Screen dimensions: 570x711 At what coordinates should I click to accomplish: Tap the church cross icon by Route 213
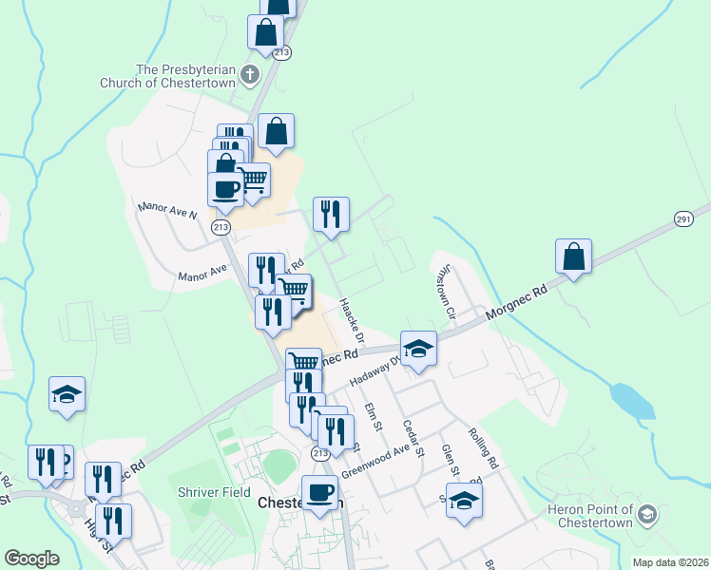pyautogui.click(x=250, y=74)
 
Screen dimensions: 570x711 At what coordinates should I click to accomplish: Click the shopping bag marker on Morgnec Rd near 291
pyautogui.click(x=574, y=257)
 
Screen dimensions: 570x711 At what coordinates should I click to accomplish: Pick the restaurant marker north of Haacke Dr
pyautogui.click(x=331, y=215)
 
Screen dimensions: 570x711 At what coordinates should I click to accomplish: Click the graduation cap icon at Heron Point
pyautogui.click(x=647, y=515)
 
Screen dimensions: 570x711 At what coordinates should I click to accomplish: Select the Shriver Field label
pyautogui.click(x=213, y=493)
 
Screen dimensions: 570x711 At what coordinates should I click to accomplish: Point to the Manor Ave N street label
pyautogui.click(x=167, y=209)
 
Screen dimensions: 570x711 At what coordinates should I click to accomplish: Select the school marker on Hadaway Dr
pyautogui.click(x=417, y=349)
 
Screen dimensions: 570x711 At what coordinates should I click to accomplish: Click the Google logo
pyautogui.click(x=31, y=559)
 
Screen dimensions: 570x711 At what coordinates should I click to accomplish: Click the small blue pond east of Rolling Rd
pyautogui.click(x=632, y=400)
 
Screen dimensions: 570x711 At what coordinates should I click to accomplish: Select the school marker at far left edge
pyautogui.click(x=67, y=394)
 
